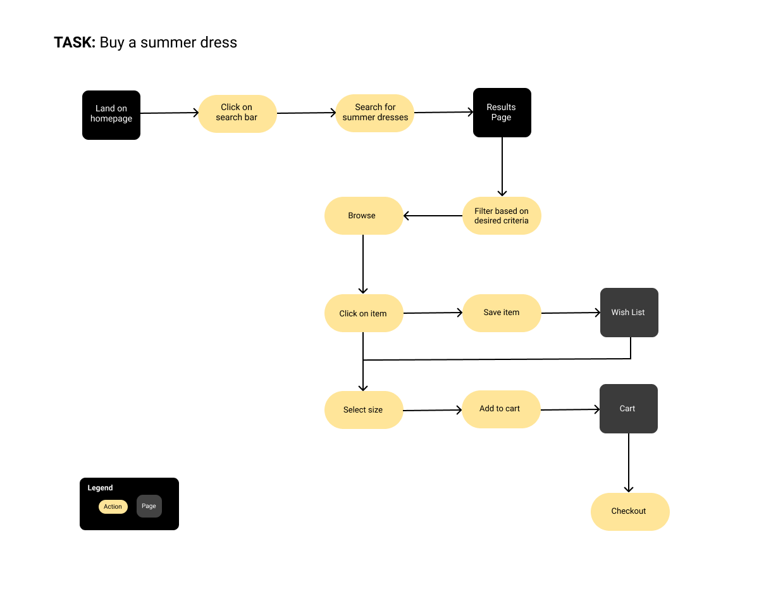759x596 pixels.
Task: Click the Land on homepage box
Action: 111,115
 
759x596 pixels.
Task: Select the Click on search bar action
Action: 237,113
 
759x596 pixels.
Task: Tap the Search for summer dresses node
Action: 374,113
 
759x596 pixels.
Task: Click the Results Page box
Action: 502,113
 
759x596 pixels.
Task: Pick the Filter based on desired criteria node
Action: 502,216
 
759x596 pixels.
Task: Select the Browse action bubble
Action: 364,216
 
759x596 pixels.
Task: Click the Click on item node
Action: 364,313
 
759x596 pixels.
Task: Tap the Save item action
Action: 502,313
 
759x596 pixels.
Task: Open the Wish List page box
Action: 629,313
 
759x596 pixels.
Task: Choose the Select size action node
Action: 364,410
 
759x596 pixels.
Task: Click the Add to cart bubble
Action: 501,409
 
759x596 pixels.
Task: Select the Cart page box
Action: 628,409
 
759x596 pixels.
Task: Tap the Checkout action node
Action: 630,512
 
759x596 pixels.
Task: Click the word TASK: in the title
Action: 75,42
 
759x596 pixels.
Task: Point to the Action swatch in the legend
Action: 113,507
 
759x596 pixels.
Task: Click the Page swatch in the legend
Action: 149,506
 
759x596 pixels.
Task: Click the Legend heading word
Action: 100,488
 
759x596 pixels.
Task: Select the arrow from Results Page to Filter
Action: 502,166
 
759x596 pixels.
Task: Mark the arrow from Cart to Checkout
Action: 628,463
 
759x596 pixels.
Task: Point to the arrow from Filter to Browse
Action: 433,216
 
